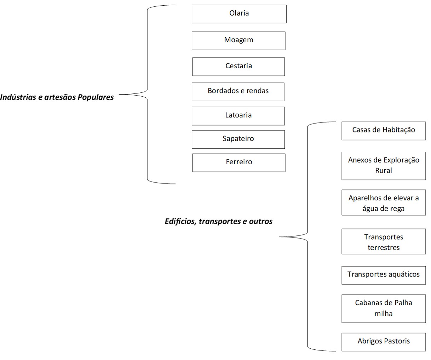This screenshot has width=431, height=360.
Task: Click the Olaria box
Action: (239, 14)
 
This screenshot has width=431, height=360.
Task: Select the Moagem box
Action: (239, 40)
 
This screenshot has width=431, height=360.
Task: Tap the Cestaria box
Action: (239, 67)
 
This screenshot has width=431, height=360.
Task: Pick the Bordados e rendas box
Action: (238, 92)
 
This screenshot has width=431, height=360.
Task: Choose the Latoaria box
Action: (238, 116)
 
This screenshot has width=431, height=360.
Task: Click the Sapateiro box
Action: (238, 139)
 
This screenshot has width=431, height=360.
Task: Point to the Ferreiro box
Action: (239, 162)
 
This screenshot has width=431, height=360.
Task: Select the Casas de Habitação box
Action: (384, 130)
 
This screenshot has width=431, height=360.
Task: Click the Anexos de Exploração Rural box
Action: (384, 166)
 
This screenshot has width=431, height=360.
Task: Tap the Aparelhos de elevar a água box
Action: (384, 202)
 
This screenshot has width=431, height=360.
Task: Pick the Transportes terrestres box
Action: (384, 241)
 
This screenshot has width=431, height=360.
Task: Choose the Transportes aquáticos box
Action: (384, 275)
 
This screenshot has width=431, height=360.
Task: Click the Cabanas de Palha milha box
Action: (384, 308)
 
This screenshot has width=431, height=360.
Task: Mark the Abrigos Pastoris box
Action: (384, 342)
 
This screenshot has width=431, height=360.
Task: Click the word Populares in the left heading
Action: (96, 97)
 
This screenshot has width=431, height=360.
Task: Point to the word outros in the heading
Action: (261, 222)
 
